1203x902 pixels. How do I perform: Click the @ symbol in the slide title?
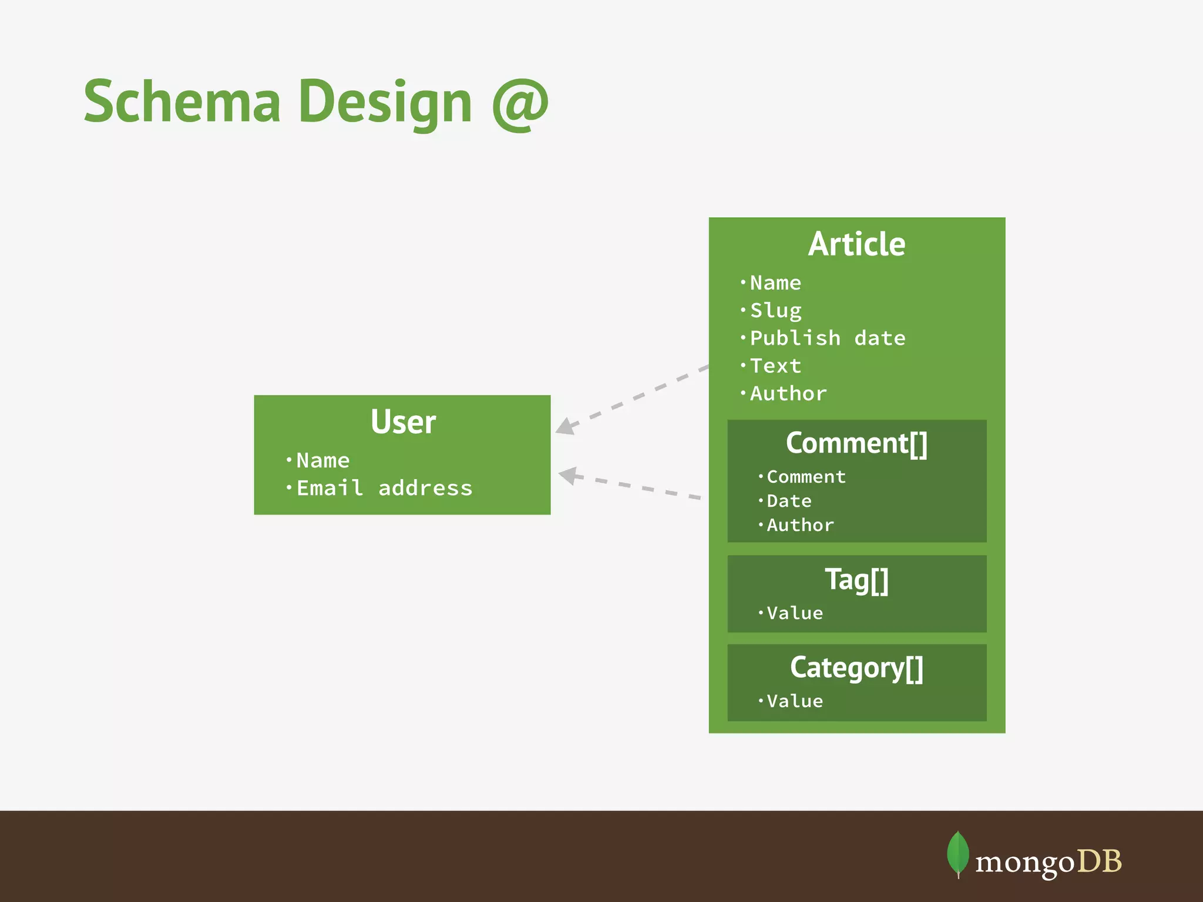pos(520,105)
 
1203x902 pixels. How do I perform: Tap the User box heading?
pos(403,422)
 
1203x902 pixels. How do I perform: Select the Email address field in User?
pos(384,488)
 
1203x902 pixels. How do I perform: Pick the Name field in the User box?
pos(322,460)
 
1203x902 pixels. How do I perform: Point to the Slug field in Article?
pos(775,310)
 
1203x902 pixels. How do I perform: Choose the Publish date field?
pos(827,338)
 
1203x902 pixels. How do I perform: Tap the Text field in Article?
pos(775,366)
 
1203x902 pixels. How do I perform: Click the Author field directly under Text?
pos(788,393)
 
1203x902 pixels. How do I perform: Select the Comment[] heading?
pos(856,443)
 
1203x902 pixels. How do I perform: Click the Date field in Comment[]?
pos(789,501)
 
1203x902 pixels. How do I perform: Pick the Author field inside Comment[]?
pos(800,525)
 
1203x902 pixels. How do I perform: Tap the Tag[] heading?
pos(856,580)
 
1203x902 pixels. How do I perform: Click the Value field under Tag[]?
pos(795,613)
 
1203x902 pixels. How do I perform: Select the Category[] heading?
pos(856,668)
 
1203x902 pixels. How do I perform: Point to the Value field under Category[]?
pos(795,701)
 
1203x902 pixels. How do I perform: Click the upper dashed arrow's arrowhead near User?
pos(565,427)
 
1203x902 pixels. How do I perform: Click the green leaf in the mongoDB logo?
pos(957,853)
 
